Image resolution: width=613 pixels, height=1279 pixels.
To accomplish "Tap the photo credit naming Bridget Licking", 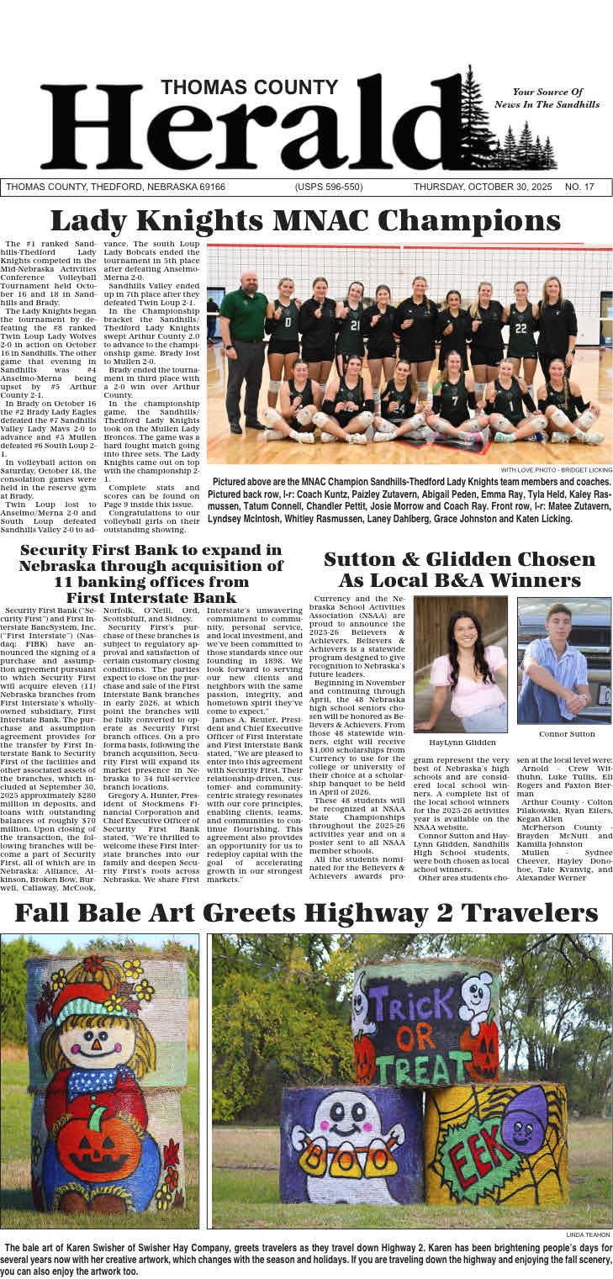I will coord(557,469).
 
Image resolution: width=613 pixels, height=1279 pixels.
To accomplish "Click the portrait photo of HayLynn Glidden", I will coord(460,664).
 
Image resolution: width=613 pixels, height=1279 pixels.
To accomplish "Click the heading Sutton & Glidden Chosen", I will coord(459,560).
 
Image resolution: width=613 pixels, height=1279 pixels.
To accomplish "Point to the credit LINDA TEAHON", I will coord(589,1234).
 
